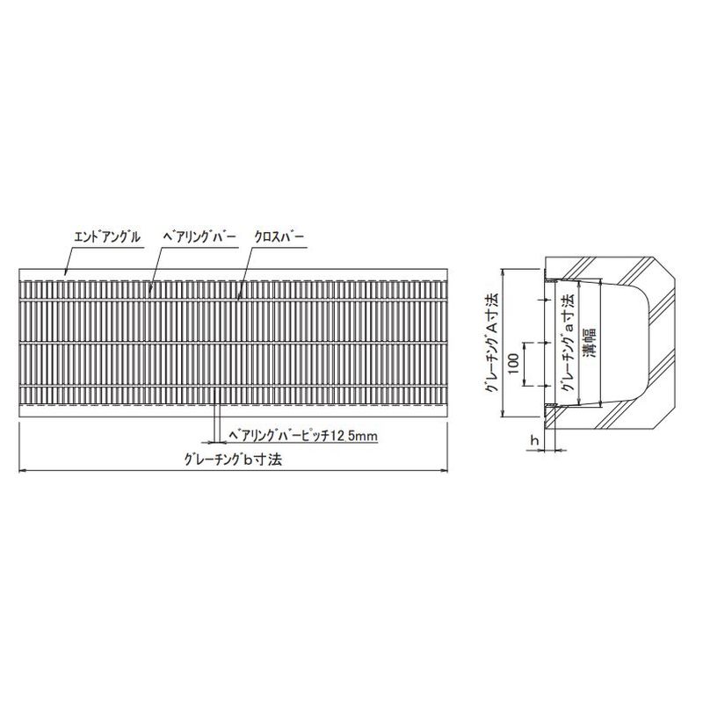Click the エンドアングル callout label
click(107, 236)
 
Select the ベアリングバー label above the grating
click(200, 236)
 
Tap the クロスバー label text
click(279, 236)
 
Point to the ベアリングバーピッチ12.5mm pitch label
click(303, 435)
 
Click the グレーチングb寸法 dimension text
click(233, 459)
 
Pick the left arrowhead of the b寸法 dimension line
click(21, 470)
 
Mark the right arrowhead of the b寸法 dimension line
click(446, 470)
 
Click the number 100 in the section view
click(514, 364)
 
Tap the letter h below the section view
click(534, 441)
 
